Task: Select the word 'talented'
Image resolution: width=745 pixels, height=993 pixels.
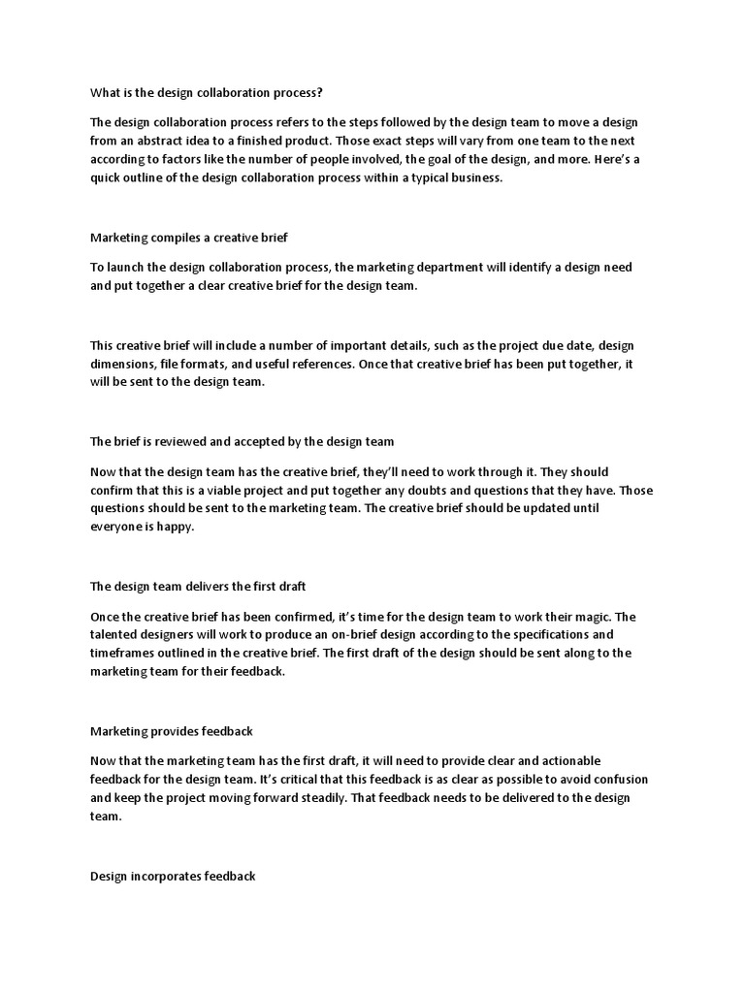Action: pos(116,634)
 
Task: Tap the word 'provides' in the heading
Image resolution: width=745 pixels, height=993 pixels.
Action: pos(177,731)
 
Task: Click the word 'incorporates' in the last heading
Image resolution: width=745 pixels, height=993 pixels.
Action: pos(166,876)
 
